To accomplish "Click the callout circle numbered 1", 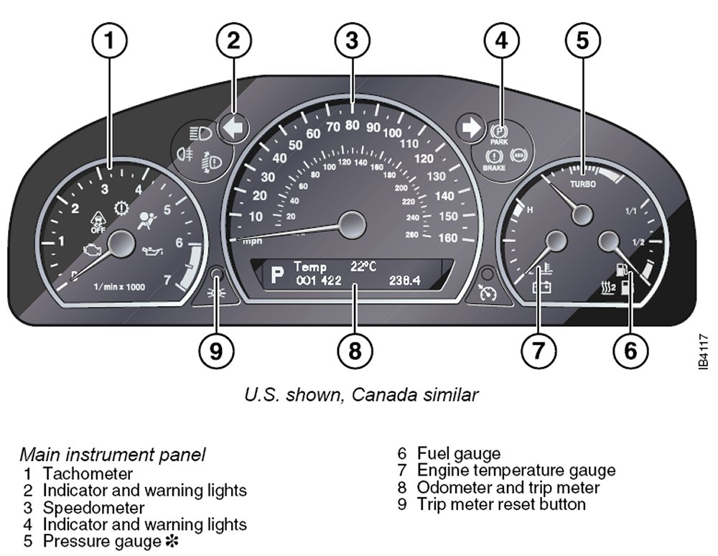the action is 109,41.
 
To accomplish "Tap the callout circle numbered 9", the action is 216,351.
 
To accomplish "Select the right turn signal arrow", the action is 471,128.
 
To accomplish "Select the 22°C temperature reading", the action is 363,266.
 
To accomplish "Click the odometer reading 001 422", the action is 318,281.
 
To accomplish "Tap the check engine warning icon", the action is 91,251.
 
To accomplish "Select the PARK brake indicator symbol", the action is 499,134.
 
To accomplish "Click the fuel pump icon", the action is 623,272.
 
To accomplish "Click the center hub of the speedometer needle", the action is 352,225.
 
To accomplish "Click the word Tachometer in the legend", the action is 88,473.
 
